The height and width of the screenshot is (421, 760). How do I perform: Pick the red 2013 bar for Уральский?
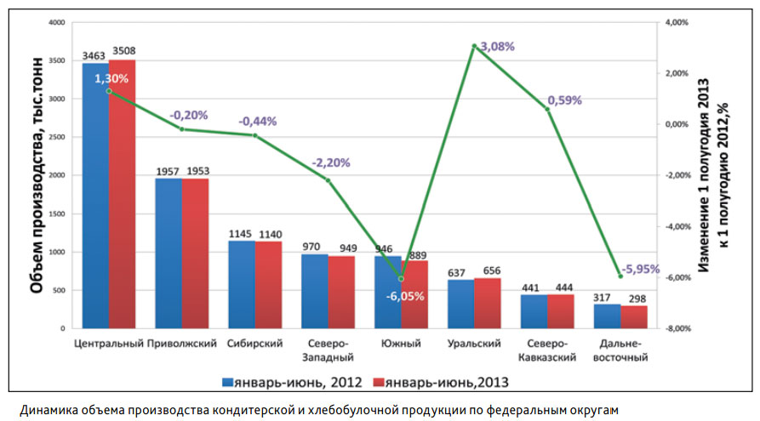pos(488,304)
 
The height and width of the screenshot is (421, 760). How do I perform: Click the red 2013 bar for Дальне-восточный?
pos(634,317)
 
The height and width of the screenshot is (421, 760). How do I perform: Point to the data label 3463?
pos(94,56)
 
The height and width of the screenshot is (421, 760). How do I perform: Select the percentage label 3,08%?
pos(498,47)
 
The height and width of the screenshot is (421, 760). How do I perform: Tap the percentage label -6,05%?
pos(405,295)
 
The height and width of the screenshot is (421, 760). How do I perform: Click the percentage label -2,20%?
pos(331,162)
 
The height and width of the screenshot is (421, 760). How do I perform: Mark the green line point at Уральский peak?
pos(474,46)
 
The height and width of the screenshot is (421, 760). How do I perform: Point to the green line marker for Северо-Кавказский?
pos(548,109)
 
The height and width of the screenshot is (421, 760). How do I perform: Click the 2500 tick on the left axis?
pos(57,138)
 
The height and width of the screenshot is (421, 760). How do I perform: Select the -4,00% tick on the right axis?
pos(677,227)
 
